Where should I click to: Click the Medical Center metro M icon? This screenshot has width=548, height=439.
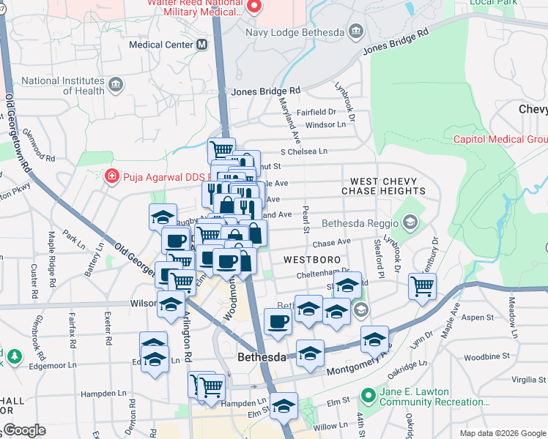(x=201, y=45)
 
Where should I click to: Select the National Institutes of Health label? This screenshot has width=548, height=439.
(x=63, y=86)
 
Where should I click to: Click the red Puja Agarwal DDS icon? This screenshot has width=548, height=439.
(x=111, y=176)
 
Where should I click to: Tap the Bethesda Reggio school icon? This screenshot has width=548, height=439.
(x=410, y=221)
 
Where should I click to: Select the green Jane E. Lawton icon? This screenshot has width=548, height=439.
(x=369, y=397)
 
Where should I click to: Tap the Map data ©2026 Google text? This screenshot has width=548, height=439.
(x=503, y=432)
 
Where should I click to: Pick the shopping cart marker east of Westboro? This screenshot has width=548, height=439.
(x=422, y=286)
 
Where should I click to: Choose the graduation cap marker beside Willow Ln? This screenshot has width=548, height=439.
(x=283, y=407)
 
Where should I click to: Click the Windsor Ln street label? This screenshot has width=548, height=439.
(x=325, y=125)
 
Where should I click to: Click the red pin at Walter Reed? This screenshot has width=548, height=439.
(x=254, y=7)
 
